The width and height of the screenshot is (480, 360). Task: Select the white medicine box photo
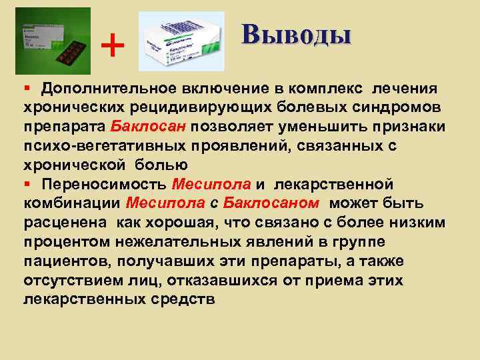tap(181, 41)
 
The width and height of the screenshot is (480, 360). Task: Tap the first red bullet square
tap(28, 89)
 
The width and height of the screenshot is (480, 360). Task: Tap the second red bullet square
tap(28, 184)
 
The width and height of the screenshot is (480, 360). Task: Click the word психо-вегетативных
tap(90, 146)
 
